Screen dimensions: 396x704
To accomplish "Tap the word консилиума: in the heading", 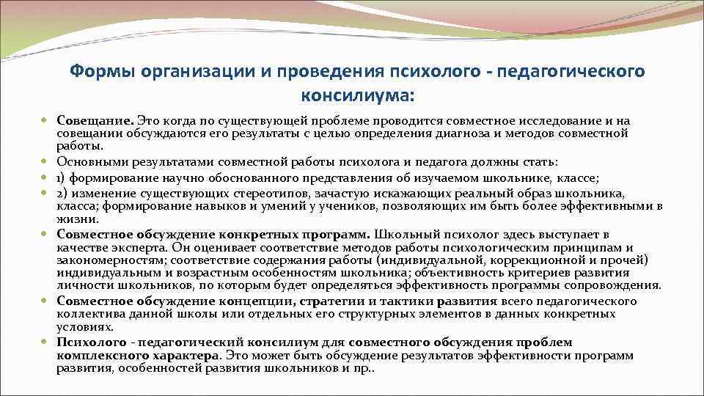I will (357, 95).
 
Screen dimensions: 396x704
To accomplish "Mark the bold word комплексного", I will (97, 355).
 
